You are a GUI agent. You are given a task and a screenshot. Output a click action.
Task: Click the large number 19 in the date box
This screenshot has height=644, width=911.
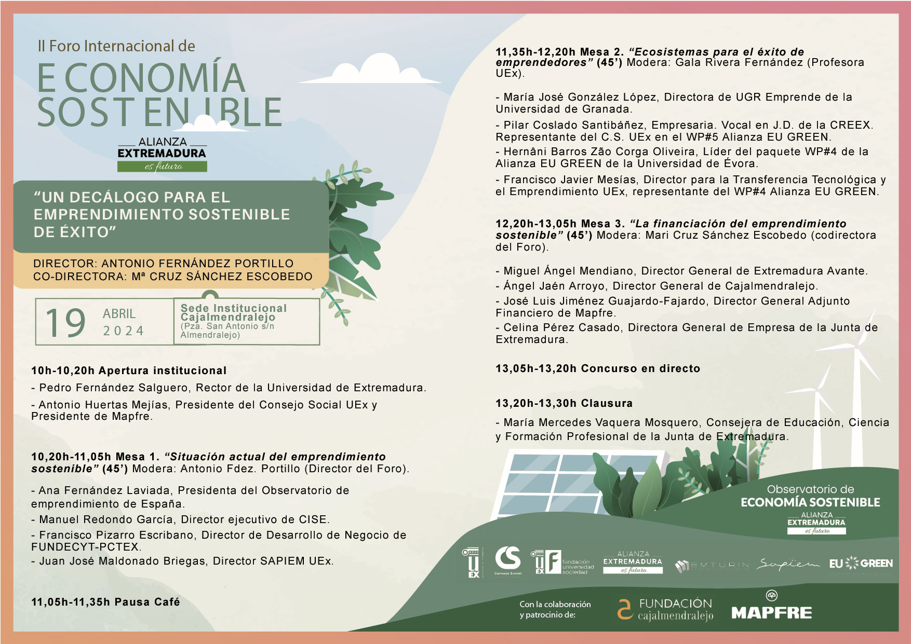pos(65,323)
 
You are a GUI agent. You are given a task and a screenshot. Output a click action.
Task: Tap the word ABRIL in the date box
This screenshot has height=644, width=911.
pos(119,314)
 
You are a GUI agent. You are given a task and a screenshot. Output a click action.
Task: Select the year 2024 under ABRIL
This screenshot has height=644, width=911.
pos(124,331)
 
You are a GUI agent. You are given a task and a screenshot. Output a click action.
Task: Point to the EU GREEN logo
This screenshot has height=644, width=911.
pos(861,564)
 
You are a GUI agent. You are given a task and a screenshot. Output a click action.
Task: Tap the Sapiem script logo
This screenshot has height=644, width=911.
pos(787,564)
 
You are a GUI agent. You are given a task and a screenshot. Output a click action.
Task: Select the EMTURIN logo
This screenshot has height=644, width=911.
pos(712,565)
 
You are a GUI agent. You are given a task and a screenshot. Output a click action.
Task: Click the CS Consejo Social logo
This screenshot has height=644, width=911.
pos(507,560)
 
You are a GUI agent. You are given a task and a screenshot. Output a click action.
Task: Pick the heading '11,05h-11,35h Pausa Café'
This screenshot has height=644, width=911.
pos(105,602)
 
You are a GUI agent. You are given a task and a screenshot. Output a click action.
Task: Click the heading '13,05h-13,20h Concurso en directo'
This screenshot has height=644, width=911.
pos(598,368)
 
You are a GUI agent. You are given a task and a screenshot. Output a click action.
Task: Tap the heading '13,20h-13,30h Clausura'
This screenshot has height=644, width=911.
pos(564,403)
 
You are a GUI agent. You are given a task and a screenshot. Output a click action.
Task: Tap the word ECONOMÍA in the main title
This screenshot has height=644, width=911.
pos(141,78)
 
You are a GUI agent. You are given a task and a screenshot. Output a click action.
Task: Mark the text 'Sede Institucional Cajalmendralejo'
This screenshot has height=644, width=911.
pos(233,312)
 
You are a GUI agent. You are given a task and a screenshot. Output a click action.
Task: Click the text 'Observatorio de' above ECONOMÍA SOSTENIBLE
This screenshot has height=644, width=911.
pos(810,489)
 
